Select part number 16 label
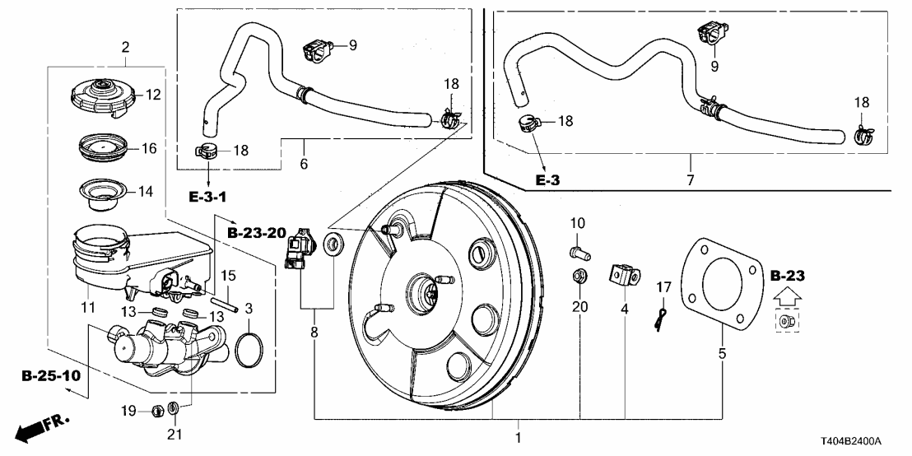(x=148, y=148)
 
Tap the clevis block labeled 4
(x=625, y=274)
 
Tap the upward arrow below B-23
(x=787, y=294)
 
